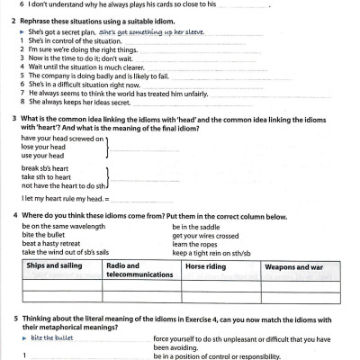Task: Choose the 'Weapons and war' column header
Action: [x=293, y=266]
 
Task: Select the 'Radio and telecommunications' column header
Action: [x=135, y=270]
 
